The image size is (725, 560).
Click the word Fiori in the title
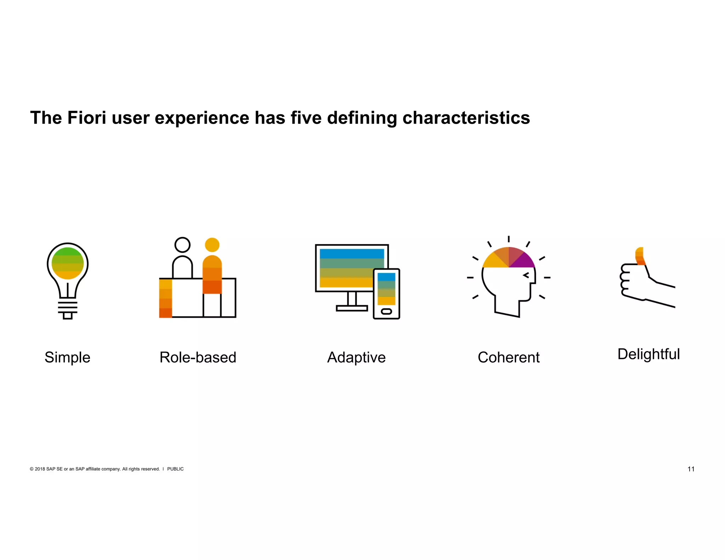(x=86, y=118)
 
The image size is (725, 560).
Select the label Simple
(x=67, y=357)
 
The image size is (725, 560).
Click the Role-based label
(x=198, y=357)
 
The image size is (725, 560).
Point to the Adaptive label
(x=356, y=357)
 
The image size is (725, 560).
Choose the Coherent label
(x=508, y=357)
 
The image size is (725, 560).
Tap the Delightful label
(x=648, y=354)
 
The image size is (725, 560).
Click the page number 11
(x=691, y=469)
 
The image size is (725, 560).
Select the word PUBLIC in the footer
(x=175, y=469)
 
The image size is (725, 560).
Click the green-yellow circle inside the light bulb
(x=68, y=263)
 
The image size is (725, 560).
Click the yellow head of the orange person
(x=212, y=245)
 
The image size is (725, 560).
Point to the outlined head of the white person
(x=182, y=245)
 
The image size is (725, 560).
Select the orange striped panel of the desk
(x=165, y=298)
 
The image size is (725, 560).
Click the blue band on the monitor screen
(x=351, y=253)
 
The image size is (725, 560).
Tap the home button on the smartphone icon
(x=386, y=312)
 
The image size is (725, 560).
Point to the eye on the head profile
(x=526, y=275)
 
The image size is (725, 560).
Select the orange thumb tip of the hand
(x=640, y=256)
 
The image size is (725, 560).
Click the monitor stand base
(x=352, y=308)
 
